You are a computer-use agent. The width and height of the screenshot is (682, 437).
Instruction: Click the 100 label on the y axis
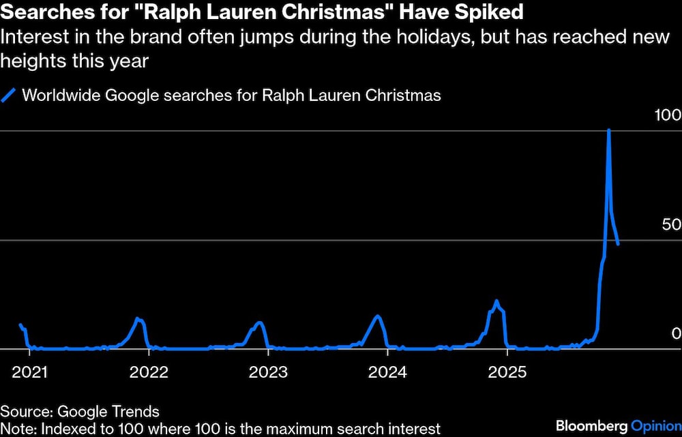click(x=667, y=115)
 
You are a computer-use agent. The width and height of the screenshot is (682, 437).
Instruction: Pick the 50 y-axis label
click(x=672, y=225)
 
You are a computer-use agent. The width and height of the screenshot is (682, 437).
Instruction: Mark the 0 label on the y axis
click(x=676, y=333)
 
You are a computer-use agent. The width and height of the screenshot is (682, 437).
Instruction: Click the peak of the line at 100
click(x=608, y=130)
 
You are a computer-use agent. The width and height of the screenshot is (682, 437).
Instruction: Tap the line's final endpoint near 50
click(x=618, y=243)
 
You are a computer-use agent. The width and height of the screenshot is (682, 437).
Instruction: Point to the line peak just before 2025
click(x=496, y=301)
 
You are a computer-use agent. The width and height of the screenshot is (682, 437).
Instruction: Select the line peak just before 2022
click(x=138, y=318)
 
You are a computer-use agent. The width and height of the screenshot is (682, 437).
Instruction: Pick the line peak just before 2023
click(x=258, y=322)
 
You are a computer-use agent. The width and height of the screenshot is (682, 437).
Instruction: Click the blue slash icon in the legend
click(x=9, y=95)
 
